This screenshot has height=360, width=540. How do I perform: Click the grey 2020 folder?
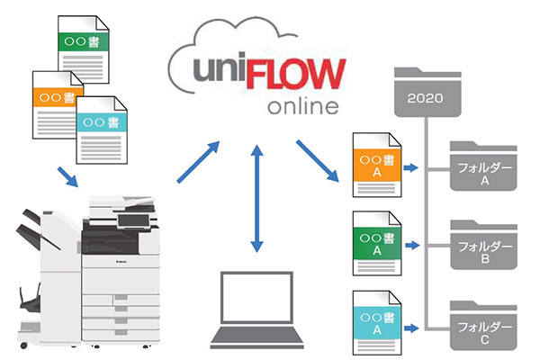tap(427, 93)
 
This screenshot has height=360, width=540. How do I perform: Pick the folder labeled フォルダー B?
tap(484, 245)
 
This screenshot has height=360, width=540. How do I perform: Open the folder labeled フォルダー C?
tap(483, 326)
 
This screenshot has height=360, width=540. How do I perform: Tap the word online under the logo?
tap(303, 106)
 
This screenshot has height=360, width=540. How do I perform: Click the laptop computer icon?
tap(256, 310)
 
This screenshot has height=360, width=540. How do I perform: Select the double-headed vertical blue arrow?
tap(256, 198)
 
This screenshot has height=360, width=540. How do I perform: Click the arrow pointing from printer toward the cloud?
tap(198, 162)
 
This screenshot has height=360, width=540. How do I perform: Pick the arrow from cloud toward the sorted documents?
tap(318, 160)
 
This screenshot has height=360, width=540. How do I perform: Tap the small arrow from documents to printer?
tap(67, 177)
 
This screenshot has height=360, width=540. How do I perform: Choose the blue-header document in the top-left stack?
tap(102, 130)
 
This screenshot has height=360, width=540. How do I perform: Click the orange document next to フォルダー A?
tap(377, 165)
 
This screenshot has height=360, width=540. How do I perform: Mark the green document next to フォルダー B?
tap(377, 243)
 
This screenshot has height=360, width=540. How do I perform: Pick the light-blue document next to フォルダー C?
tap(377, 323)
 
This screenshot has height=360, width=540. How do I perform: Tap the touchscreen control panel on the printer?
tap(133, 220)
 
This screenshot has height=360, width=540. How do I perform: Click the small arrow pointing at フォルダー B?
tap(412, 246)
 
